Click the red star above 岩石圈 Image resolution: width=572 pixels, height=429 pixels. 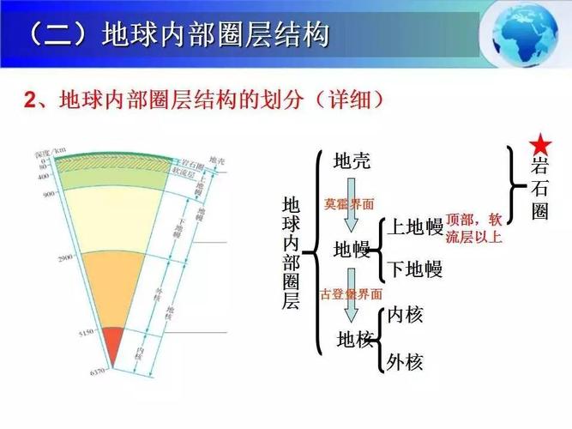coord(539,142)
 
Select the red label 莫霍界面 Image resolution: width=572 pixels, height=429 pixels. coord(349,204)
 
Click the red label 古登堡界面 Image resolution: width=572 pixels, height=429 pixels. coord(351,293)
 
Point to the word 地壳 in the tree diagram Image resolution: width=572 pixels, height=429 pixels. coord(352,160)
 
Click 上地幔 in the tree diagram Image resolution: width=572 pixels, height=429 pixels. coord(414,227)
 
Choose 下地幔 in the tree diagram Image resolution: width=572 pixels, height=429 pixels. coord(414,269)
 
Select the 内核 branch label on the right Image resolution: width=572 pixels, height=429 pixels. coord(406,315)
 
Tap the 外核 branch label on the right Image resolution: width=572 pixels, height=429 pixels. coord(406,361)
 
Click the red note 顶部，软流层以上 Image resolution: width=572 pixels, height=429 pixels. coord(473,228)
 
